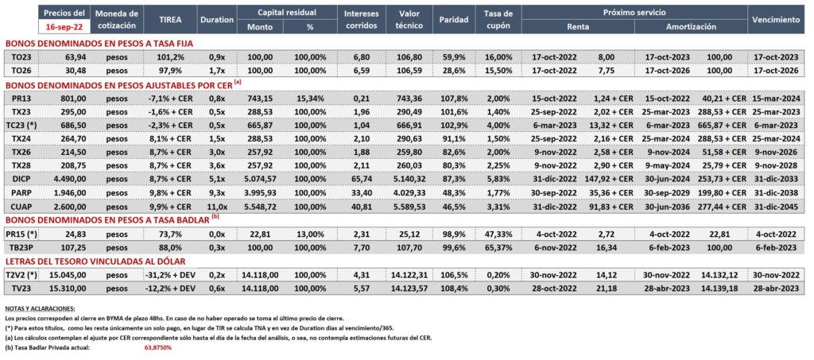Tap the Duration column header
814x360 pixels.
(216, 20)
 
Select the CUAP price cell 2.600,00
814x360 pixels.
(72, 206)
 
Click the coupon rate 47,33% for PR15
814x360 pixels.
(498, 234)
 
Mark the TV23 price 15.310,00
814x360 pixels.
(71, 288)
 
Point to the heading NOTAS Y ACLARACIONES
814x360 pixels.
(39, 308)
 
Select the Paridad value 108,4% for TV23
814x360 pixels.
(451, 288)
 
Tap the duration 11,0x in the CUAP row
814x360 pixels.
(216, 206)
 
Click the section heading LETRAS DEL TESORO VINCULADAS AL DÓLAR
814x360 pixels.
(95, 261)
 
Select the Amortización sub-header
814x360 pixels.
(692, 26)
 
